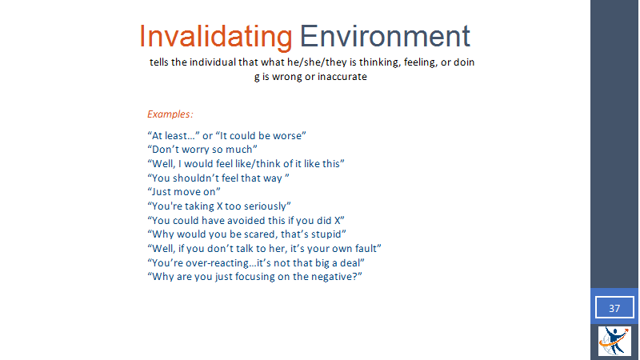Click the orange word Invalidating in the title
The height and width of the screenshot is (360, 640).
click(x=215, y=37)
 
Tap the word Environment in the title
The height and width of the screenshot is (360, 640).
click(x=385, y=36)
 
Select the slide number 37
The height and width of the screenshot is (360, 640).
click(x=614, y=308)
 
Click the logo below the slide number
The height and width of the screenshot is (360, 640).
click(x=614, y=341)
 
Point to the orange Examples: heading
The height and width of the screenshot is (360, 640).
click(x=170, y=114)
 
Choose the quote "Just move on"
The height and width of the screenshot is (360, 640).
click(x=184, y=192)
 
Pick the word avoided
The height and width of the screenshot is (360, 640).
click(x=246, y=221)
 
